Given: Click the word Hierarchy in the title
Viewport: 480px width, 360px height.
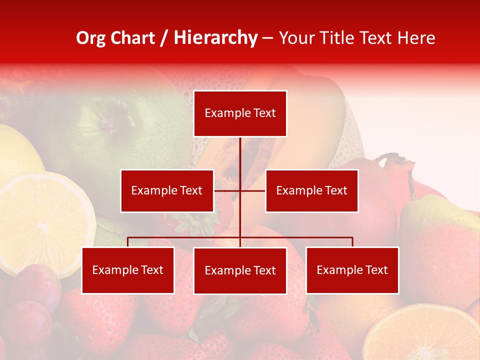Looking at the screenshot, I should [215, 38].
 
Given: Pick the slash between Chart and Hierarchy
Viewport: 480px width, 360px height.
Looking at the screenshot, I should [164, 38].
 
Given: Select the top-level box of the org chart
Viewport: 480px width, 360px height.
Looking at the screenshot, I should [240, 113].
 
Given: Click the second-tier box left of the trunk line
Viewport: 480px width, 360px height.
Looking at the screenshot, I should [167, 190].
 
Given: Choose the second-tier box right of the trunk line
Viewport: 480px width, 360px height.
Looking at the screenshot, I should [311, 190].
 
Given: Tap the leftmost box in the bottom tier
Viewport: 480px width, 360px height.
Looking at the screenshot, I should [128, 270].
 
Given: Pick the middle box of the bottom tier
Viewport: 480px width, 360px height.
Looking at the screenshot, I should [240, 270].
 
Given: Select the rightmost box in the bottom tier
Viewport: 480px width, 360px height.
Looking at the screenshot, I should [352, 270].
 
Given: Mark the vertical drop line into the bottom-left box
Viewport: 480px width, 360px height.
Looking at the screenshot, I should [128, 242].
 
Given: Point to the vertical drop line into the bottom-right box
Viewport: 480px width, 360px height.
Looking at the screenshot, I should [352, 242].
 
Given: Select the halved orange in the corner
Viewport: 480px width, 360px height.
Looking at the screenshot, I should [425, 335].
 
